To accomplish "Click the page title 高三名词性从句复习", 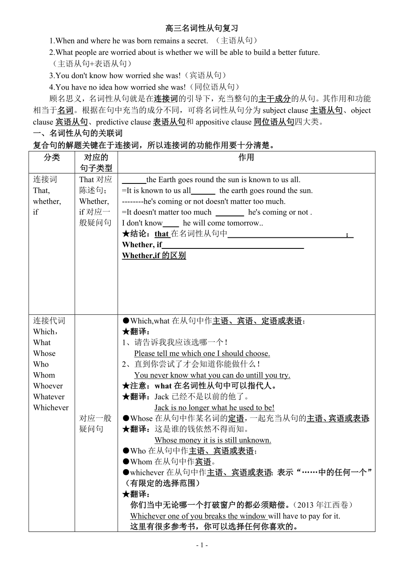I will tap(202, 29).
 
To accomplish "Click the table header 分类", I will tap(52, 157).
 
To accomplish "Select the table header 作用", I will tap(246, 157).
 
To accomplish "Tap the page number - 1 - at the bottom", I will tap(202, 545).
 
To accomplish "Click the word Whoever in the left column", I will tap(48, 386).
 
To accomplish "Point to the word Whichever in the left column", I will tap(51, 407).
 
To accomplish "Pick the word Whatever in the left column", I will tap(49, 397).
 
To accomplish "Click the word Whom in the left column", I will tap(44, 375).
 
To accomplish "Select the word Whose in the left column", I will tap(44, 353).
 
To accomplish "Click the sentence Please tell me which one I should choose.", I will tap(202, 353).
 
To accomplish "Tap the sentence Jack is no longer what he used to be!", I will tap(214, 407).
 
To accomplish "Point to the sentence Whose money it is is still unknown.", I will tap(213, 440).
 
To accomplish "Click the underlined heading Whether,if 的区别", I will tap(154, 255).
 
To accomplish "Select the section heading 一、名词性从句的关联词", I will tap(78, 133).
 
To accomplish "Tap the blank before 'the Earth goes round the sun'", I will tap(133, 180).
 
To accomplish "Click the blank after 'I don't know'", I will tap(171, 223).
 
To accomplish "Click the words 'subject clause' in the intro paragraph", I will tap(285, 110).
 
